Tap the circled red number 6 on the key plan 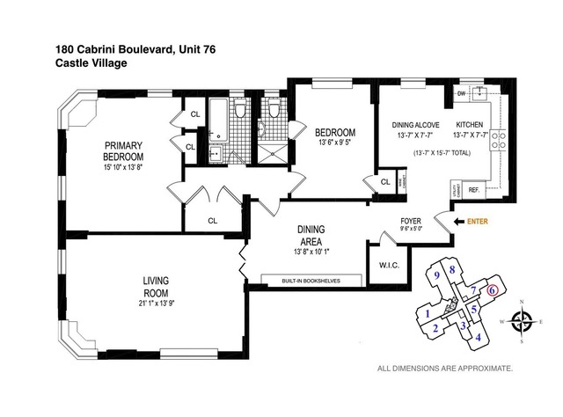pos(493,290)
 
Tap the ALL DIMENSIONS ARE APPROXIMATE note pos(444,369)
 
